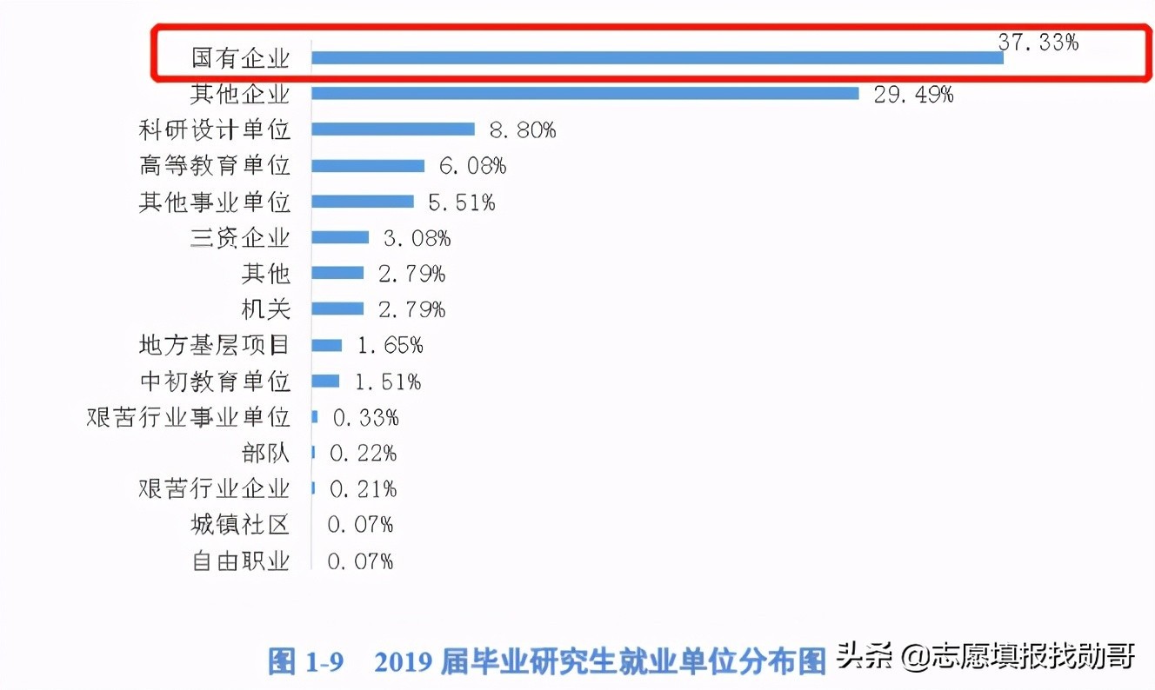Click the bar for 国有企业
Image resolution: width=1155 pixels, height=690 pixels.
click(657, 58)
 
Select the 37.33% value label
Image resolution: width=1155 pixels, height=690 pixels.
click(1038, 43)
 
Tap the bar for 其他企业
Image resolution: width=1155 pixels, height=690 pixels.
click(584, 94)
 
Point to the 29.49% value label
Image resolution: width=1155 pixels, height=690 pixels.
click(912, 95)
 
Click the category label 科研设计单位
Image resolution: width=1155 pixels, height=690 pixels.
click(214, 130)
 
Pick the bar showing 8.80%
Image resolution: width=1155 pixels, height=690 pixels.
click(392, 129)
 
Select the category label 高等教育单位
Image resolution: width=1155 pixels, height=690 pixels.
click(214, 166)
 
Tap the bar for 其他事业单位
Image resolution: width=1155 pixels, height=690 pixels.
click(362, 202)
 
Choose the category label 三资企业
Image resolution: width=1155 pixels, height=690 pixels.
click(240, 238)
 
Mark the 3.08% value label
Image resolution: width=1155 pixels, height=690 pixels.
click(417, 238)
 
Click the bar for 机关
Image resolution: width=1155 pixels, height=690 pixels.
click(337, 309)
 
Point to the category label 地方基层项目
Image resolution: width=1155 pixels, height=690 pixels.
click(214, 345)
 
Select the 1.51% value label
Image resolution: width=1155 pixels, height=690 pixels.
click(387, 381)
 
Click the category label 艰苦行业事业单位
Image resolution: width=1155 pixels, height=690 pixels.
click(188, 417)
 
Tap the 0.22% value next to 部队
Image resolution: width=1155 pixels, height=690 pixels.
click(363, 453)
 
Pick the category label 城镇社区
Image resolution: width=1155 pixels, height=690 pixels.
click(240, 525)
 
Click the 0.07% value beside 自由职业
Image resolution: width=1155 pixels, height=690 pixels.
click(360, 561)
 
